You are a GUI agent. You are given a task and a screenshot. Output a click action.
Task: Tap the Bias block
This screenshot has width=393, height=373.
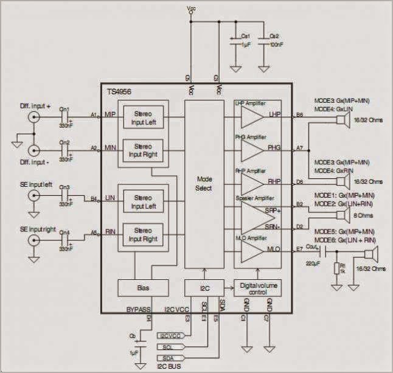(143, 286)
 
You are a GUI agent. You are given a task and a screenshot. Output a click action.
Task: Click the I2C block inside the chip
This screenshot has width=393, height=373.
(204, 286)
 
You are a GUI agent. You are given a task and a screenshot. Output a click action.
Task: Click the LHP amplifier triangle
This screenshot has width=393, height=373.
(252, 115)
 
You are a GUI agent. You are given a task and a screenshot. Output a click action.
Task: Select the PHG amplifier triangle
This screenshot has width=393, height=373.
(252, 148)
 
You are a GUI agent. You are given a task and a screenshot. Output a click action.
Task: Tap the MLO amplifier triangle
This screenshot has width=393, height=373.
(252, 248)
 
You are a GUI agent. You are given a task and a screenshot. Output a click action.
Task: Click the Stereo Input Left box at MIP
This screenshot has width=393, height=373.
(143, 116)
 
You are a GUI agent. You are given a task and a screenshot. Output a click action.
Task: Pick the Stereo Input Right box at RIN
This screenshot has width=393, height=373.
(143, 235)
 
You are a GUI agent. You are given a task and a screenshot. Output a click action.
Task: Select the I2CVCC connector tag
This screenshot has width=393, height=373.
(170, 335)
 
